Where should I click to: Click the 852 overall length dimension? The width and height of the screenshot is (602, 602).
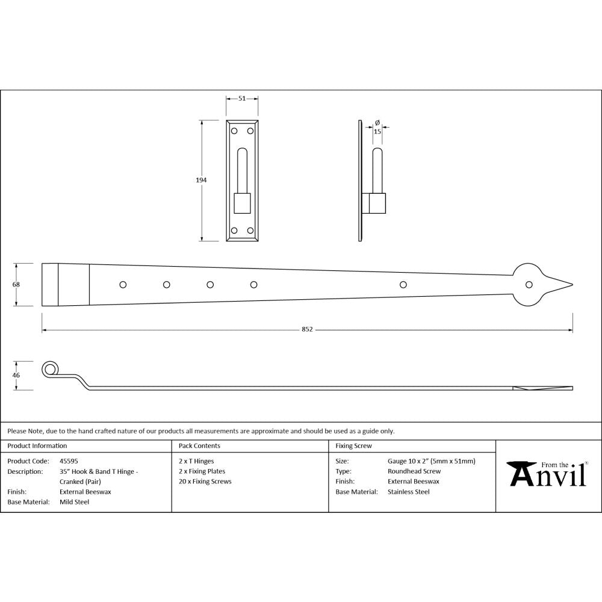coord(307,330)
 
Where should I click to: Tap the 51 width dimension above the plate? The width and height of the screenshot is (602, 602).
coord(242,98)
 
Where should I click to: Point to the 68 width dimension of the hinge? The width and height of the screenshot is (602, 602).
coord(16,285)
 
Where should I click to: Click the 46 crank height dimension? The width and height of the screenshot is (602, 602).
coord(16,375)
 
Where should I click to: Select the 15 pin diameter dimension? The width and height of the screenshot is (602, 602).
coord(377,131)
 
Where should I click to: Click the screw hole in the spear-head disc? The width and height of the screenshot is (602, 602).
coord(529,285)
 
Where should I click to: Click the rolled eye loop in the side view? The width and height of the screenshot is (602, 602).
coord(50,369)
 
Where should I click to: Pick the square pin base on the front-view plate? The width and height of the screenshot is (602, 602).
coord(242,203)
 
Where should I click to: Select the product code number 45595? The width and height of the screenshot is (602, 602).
coord(69,461)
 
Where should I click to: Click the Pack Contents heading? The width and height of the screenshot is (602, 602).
coord(199,446)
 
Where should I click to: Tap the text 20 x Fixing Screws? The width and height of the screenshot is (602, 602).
coord(205,482)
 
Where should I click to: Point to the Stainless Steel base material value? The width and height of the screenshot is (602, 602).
coord(409,492)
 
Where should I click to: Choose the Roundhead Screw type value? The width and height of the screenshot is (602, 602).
coord(414,471)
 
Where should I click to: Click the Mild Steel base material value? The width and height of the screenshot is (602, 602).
coord(74,502)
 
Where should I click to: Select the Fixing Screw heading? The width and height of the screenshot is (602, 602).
coord(353,446)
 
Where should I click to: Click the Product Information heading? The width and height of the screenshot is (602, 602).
coord(37,446)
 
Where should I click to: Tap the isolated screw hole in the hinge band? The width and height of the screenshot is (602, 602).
coord(403,284)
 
